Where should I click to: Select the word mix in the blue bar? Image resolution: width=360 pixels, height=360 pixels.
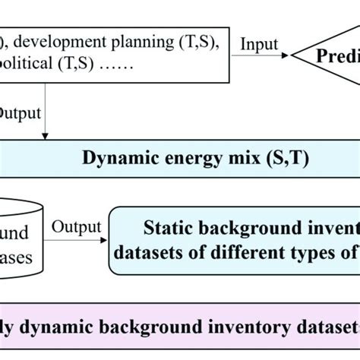(215, 158)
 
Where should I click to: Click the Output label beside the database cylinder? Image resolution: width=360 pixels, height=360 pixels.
(76, 226)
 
